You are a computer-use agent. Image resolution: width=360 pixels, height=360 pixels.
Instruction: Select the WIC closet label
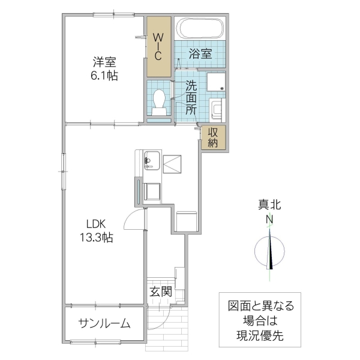click(159, 47)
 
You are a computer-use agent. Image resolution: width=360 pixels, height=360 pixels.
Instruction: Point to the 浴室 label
click(200, 53)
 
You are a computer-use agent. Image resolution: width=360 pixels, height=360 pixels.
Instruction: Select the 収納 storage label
click(213, 137)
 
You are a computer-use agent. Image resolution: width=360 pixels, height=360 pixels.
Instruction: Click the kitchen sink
click(151, 160)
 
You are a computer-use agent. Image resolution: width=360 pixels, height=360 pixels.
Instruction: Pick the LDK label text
click(95, 224)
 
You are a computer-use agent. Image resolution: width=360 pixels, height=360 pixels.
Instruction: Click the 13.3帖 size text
click(96, 238)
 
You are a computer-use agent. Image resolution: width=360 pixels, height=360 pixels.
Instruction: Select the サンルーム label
click(104, 324)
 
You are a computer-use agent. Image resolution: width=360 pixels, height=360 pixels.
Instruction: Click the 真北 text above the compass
click(270, 205)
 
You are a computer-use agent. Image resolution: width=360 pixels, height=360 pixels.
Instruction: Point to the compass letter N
click(270, 220)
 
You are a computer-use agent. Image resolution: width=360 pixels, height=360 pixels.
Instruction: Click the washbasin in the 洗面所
click(216, 110)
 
